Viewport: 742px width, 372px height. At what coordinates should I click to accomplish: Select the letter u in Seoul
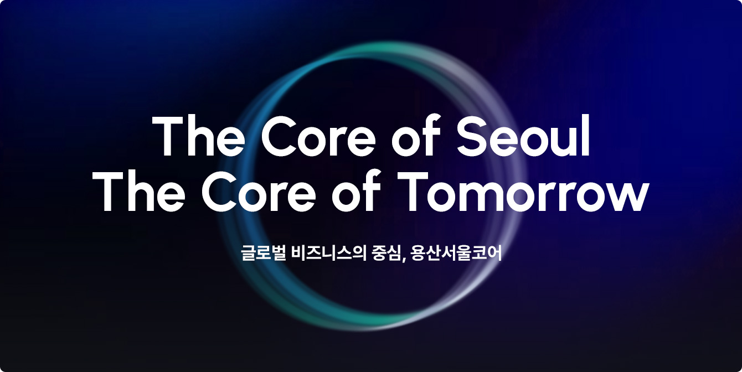[560, 141]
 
